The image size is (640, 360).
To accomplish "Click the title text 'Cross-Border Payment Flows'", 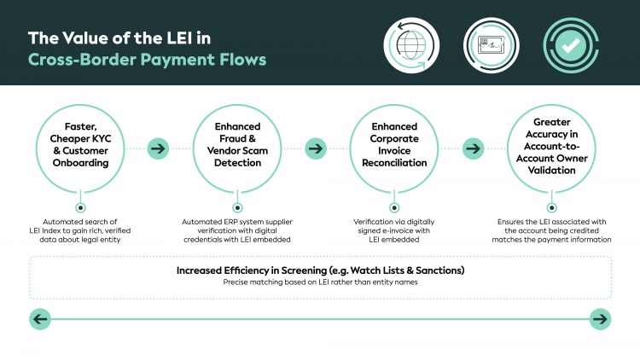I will [147, 60].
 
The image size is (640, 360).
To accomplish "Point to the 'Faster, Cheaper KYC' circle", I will [80, 149].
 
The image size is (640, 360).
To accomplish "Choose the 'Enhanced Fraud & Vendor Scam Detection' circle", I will [237, 149].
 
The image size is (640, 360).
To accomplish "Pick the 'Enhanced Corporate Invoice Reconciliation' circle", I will [394, 149].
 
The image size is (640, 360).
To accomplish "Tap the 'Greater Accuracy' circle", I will [551, 149].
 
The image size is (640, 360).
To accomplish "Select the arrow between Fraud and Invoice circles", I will [316, 149].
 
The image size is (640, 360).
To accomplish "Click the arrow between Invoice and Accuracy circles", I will [473, 149].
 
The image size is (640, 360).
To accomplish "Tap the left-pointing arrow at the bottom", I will [40, 319].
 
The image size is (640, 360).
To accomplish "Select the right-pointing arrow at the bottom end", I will [600, 319].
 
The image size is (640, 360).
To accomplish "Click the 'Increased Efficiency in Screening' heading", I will [320, 270].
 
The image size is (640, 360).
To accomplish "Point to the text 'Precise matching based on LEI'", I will [320, 282].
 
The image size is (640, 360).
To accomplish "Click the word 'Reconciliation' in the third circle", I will [394, 163].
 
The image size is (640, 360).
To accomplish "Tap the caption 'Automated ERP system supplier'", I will [237, 222].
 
